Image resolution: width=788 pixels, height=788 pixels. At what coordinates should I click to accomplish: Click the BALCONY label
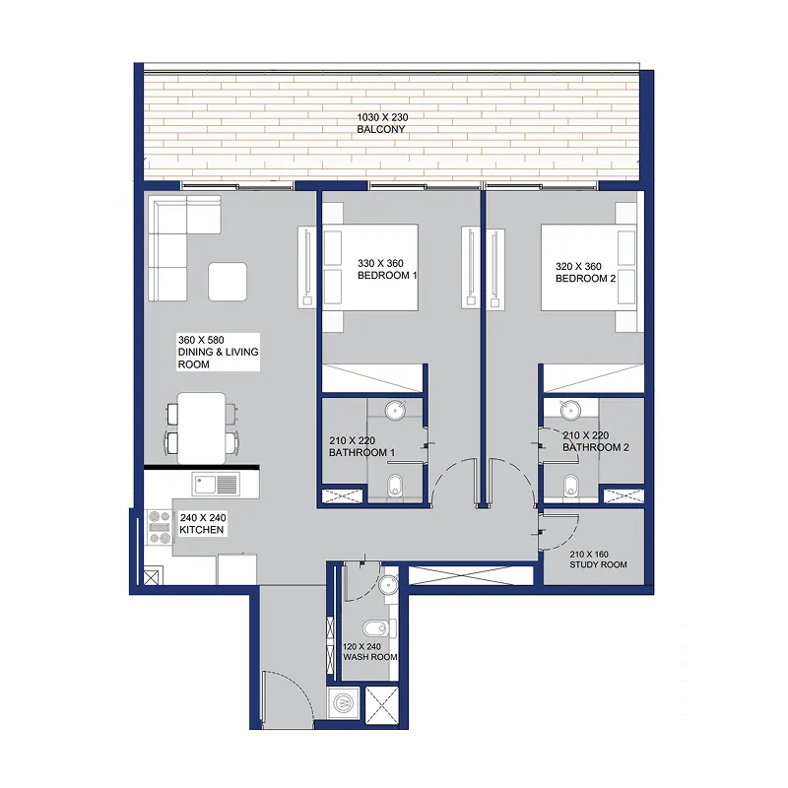pos(381,129)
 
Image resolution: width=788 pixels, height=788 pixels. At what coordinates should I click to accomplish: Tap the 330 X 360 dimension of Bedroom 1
pos(380,263)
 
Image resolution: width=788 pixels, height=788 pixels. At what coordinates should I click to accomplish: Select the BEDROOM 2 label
pos(585,279)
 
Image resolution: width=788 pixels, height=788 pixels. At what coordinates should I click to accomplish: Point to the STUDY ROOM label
pos(598,564)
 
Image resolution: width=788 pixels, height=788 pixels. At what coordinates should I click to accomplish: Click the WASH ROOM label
pos(370,657)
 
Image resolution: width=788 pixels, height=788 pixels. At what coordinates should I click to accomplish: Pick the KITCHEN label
pos(202,530)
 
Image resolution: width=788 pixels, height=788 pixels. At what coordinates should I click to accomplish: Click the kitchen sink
pos(216,485)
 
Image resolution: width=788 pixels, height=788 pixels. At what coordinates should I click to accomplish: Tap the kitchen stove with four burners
pos(160,527)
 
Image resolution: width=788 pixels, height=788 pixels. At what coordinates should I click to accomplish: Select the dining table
pos(202,428)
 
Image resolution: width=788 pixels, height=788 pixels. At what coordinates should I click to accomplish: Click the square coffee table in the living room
pos(228,282)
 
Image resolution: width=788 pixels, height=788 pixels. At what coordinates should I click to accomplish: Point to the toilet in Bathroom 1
pos(396,486)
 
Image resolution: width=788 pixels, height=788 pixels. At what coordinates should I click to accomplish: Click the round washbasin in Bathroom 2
pos(571,410)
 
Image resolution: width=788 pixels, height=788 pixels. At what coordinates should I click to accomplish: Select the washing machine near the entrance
pos(344,702)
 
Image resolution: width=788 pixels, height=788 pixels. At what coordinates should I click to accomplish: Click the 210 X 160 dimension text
pos(589,555)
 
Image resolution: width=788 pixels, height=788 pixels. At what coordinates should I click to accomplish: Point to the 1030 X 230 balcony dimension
pos(382,117)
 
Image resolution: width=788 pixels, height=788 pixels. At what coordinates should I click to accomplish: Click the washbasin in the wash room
pos(388,585)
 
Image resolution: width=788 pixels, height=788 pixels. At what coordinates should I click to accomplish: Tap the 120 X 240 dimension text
pos(361,647)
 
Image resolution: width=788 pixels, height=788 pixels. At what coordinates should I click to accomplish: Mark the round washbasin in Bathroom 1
pos(396,410)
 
